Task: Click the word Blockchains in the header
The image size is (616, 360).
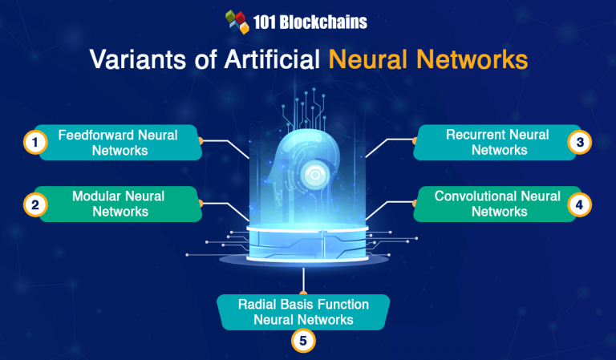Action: (x=322, y=22)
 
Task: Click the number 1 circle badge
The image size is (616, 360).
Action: (x=34, y=143)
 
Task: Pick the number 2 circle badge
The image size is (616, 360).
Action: (x=34, y=204)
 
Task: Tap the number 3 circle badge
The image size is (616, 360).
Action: (x=580, y=143)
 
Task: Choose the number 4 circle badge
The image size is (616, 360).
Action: (x=580, y=204)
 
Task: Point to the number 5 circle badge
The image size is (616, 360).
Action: (x=302, y=340)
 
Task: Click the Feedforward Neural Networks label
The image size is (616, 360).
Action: (x=117, y=142)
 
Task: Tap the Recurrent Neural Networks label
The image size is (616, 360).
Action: (x=498, y=142)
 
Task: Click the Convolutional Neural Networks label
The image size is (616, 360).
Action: (x=498, y=204)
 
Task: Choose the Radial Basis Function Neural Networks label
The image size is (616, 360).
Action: (x=303, y=312)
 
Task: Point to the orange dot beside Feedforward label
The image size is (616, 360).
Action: (x=202, y=142)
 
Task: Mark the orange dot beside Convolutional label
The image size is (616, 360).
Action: (x=414, y=204)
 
